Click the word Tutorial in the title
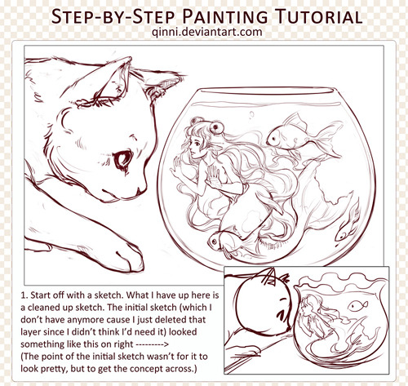pos(318,16)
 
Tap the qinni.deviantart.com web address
pos(207,32)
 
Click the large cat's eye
pos(123,159)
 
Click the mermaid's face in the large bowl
pos(196,147)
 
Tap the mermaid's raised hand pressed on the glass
pos(214,176)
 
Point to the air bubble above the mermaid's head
pos(251,114)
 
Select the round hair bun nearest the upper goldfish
pos(217,128)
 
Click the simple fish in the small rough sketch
pos(357,306)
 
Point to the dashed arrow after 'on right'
pos(152,344)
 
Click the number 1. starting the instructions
pos(24,295)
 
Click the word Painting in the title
pos(225,16)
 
